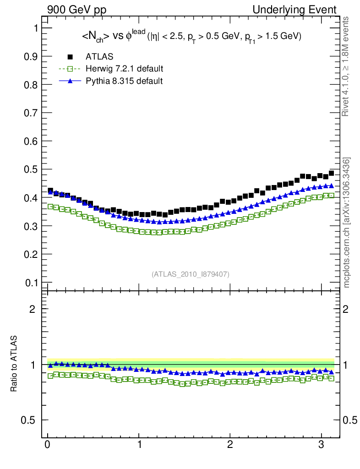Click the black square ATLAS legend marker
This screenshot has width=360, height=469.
tap(70, 57)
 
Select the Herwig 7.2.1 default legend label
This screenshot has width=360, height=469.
tap(125, 69)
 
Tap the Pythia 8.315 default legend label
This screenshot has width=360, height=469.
tap(124, 81)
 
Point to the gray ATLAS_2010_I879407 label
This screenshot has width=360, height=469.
tap(191, 274)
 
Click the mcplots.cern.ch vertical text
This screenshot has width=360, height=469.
tap(347, 223)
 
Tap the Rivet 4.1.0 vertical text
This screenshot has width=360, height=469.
tap(347, 66)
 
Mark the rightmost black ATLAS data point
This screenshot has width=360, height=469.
tap(331, 173)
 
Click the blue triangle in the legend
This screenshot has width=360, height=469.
tap(70, 81)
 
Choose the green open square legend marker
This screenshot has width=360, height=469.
tap(70, 69)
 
